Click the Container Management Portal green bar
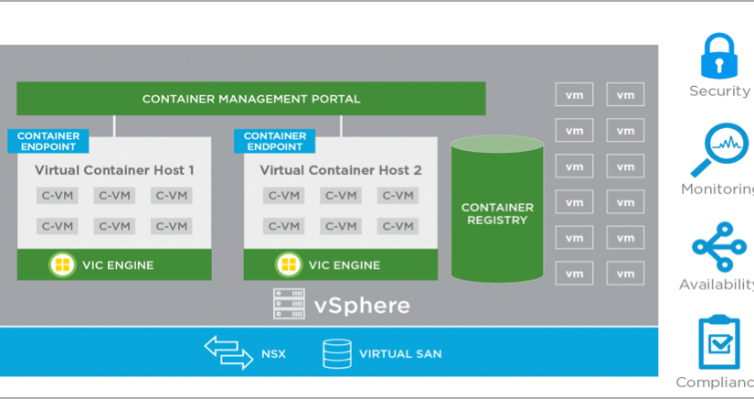click(251, 99)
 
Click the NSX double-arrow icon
click(228, 352)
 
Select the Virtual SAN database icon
click(336, 353)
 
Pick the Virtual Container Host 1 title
click(114, 170)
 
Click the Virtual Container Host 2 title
click(340, 170)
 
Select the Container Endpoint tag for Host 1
click(48, 141)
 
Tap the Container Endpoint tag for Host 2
click(274, 141)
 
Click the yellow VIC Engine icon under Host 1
click(62, 265)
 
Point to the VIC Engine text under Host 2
click(344, 265)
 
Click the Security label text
click(719, 91)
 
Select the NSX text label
click(273, 353)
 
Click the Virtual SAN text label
click(400, 353)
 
